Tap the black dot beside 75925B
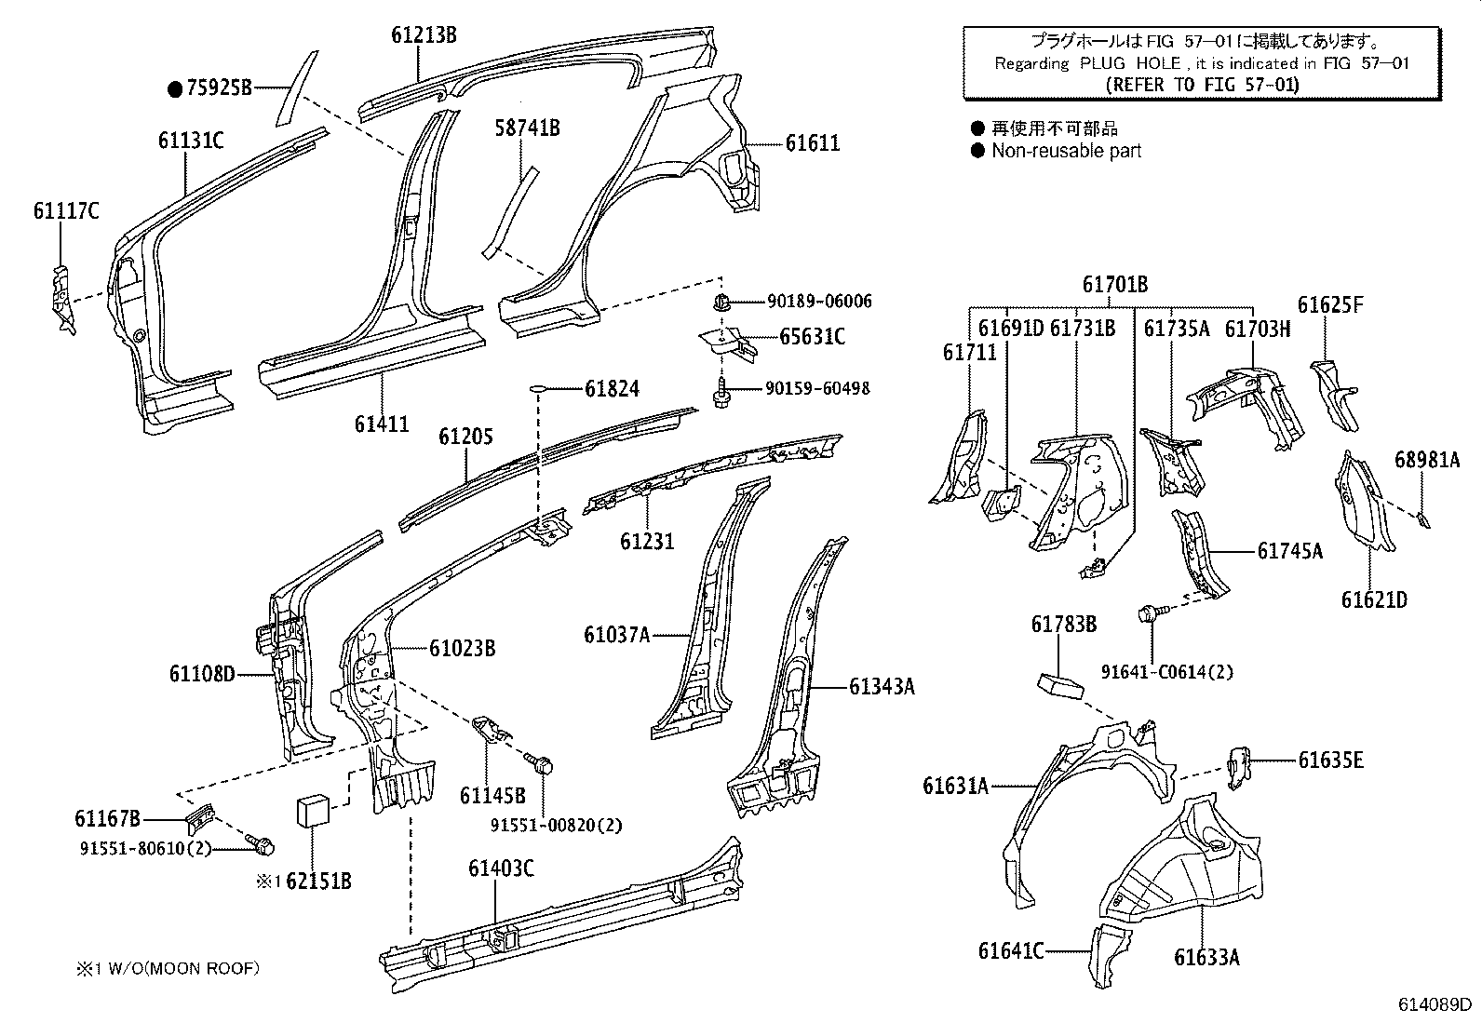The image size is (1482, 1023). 174,89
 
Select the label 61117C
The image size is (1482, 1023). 66,210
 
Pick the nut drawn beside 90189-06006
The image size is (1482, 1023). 720,302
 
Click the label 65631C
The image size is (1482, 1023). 812,337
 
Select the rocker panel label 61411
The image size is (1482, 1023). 381,424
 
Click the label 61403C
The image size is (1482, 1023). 500,868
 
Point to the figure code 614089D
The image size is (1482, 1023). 1435,1004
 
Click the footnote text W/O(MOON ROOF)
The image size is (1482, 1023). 177,969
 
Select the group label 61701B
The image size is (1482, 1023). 1113,285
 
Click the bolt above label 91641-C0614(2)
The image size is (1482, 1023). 1150,614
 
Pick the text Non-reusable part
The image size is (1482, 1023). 1065,151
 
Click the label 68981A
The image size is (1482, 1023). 1426,459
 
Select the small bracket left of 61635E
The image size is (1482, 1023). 1238,765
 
